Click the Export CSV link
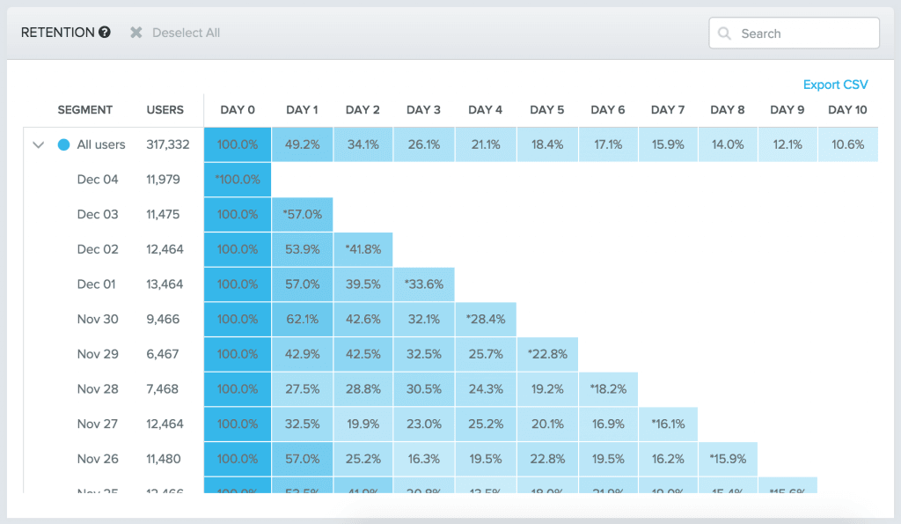click(835, 85)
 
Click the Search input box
click(794, 33)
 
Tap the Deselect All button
click(175, 33)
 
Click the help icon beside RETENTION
click(105, 33)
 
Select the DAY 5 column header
click(546, 110)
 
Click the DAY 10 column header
click(847, 110)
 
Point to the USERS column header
click(165, 110)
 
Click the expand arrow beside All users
click(38, 145)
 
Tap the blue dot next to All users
click(63, 145)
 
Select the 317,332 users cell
click(168, 144)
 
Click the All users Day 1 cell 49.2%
click(302, 144)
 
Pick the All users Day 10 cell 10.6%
click(847, 144)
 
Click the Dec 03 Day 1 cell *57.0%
click(302, 214)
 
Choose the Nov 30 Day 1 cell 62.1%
click(302, 319)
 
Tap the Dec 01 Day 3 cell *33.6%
click(423, 284)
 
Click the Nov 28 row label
click(98, 389)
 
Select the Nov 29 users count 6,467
click(165, 354)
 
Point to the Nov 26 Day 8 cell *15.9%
click(728, 459)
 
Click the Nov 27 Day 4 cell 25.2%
click(485, 424)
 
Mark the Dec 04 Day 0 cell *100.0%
click(238, 179)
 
